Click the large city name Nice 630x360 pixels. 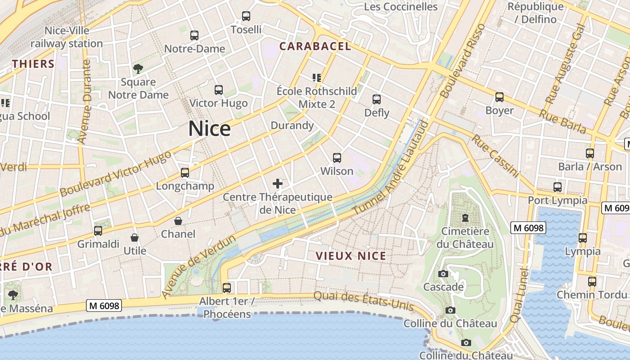pyautogui.click(x=209, y=129)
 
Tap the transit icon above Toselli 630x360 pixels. pyautogui.click(x=246, y=16)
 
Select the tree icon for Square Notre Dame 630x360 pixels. pyautogui.click(x=138, y=69)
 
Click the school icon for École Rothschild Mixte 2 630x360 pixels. pyautogui.click(x=317, y=78)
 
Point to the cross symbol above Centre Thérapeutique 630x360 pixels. pyautogui.click(x=278, y=184)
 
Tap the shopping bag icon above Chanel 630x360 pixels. pyautogui.click(x=178, y=221)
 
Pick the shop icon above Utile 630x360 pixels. pyautogui.click(x=135, y=238)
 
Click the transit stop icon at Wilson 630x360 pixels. pyautogui.click(x=337, y=158)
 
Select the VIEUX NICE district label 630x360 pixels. pyautogui.click(x=351, y=256)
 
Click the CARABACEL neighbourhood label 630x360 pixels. pyautogui.click(x=315, y=46)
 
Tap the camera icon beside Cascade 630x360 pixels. pyautogui.click(x=443, y=274)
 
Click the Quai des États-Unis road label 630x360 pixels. pyautogui.click(x=363, y=301)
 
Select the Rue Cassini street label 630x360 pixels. pyautogui.click(x=495, y=156)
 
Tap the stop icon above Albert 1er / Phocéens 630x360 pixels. pyautogui.click(x=227, y=288)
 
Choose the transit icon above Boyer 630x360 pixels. pyautogui.click(x=499, y=97)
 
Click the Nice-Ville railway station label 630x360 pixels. pyautogui.click(x=67, y=37)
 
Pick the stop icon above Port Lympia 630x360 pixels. pyautogui.click(x=558, y=187)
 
